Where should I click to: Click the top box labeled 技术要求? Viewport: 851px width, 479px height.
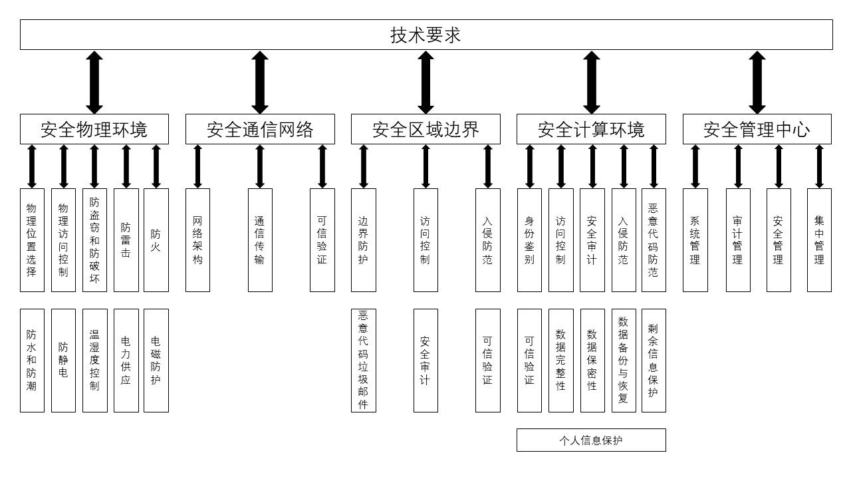(425, 35)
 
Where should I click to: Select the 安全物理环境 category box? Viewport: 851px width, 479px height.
(94, 129)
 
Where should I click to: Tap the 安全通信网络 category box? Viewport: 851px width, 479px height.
(259, 129)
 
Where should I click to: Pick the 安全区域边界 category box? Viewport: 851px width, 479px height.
(425, 129)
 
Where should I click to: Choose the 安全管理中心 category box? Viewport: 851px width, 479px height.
(757, 129)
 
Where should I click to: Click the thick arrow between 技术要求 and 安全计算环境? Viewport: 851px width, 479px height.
(592, 82)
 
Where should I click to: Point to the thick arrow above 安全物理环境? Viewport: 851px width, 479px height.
(94, 82)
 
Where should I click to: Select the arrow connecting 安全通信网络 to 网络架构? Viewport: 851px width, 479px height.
(197, 166)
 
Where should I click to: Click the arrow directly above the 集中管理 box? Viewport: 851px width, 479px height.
(819, 166)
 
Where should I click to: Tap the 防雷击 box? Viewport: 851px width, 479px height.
(126, 240)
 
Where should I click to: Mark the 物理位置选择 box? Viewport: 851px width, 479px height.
(32, 240)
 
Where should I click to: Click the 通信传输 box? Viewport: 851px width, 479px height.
(260, 240)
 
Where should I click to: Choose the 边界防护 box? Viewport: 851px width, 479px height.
(363, 240)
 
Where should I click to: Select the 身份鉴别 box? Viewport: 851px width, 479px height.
(529, 240)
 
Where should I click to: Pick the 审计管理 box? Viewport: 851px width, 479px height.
(738, 240)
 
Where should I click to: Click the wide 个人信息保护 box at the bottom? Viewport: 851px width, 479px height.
(591, 440)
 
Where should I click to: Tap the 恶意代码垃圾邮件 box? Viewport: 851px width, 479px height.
(363, 360)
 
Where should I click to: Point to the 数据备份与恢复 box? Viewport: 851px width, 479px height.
(624, 360)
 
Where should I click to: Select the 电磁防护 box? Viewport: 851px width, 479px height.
(156, 360)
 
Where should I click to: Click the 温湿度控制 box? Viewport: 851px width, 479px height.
(94, 360)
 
